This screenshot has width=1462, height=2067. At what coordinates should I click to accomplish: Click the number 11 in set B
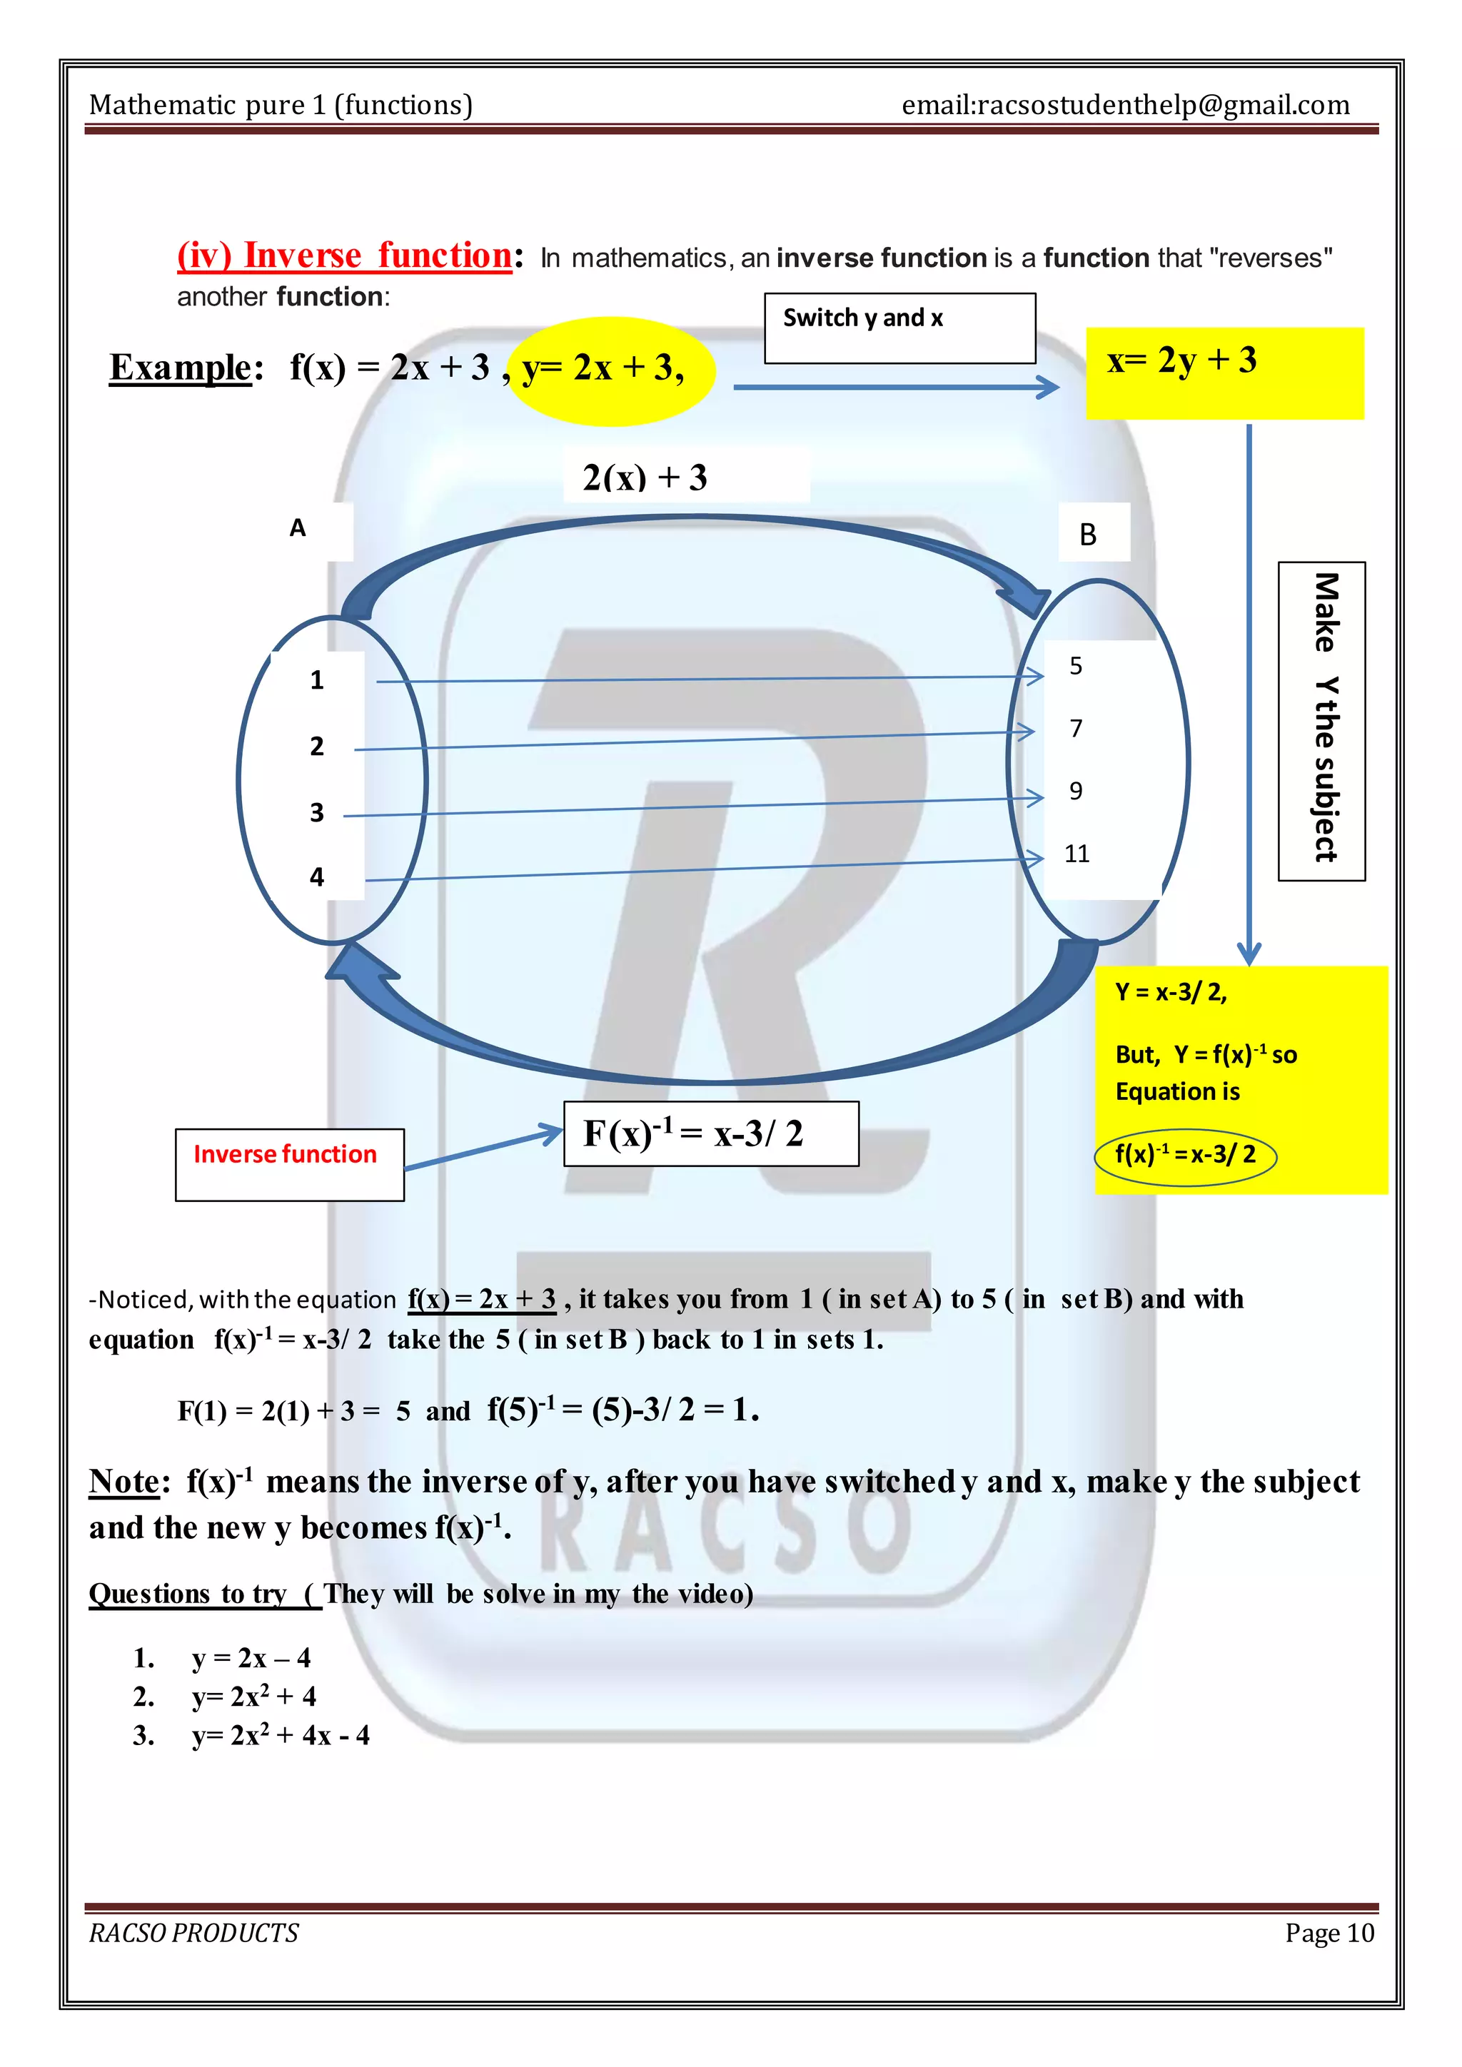tap(1077, 854)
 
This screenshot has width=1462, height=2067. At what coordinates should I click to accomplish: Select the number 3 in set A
tap(317, 812)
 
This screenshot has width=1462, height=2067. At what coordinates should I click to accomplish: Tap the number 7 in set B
tap(1076, 728)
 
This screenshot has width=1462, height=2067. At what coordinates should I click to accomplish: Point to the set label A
tap(298, 528)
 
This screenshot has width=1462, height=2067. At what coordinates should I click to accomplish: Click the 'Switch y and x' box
tap(899, 328)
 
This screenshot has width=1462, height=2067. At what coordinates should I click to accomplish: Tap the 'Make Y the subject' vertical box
tap(1321, 720)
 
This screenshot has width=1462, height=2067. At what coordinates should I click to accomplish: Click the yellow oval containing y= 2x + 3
tap(611, 369)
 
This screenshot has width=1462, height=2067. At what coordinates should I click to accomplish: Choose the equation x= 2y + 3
tap(1182, 361)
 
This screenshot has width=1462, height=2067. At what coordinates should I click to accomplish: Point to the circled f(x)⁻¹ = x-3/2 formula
tap(1185, 1155)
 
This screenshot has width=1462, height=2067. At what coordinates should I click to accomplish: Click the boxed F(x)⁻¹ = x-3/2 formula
tap(710, 1133)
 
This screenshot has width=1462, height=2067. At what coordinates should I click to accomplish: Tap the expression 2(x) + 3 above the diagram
tap(645, 477)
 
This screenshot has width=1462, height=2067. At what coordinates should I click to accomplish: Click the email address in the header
tap(1125, 106)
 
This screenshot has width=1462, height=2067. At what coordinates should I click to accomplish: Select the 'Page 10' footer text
tap(1329, 1932)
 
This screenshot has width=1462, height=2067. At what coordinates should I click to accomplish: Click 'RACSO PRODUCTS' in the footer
tap(193, 1932)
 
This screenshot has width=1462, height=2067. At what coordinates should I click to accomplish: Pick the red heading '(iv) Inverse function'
tap(345, 256)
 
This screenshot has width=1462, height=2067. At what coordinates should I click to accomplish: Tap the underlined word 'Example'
tap(180, 368)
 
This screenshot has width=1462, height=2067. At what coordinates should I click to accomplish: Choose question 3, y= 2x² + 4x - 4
tap(280, 1735)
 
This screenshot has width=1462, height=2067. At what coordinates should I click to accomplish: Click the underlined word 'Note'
tap(123, 1482)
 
